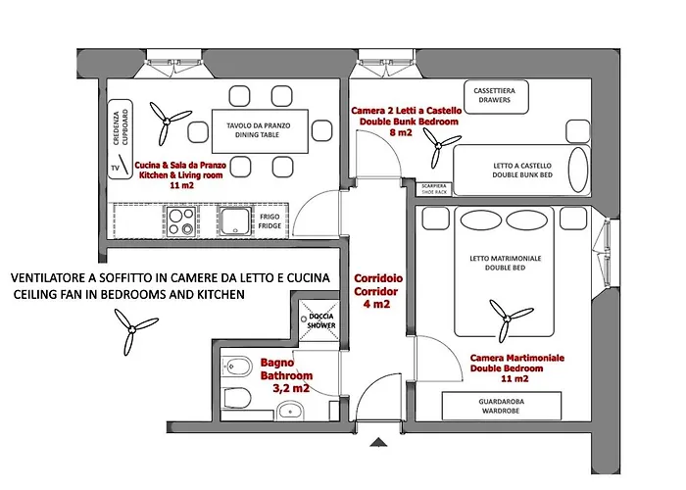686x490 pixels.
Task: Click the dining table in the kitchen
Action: pyautogui.click(x=260, y=130)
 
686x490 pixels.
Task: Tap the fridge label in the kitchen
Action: pyautogui.click(x=269, y=221)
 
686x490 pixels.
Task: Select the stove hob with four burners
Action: pyautogui.click(x=181, y=221)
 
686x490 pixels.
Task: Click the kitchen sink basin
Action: pyautogui.click(x=236, y=221)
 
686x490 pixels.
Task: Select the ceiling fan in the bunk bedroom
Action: pyautogui.click(x=440, y=147)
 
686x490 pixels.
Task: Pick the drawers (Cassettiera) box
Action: pyautogui.click(x=496, y=97)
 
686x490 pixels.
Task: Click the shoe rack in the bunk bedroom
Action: pyautogui.click(x=434, y=189)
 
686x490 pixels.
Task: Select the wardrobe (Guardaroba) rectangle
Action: pyautogui.click(x=502, y=406)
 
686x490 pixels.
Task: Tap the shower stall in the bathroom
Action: pyautogui.click(x=318, y=320)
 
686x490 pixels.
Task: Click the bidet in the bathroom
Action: pyautogui.click(x=237, y=367)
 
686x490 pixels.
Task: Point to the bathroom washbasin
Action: pyautogui.click(x=290, y=412)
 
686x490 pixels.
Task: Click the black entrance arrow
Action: pyautogui.click(x=378, y=442)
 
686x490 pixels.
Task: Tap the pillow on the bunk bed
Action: pyautogui.click(x=578, y=170)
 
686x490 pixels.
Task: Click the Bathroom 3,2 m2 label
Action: pyautogui.click(x=286, y=375)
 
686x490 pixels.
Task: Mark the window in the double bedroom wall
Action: pyautogui.click(x=608, y=254)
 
